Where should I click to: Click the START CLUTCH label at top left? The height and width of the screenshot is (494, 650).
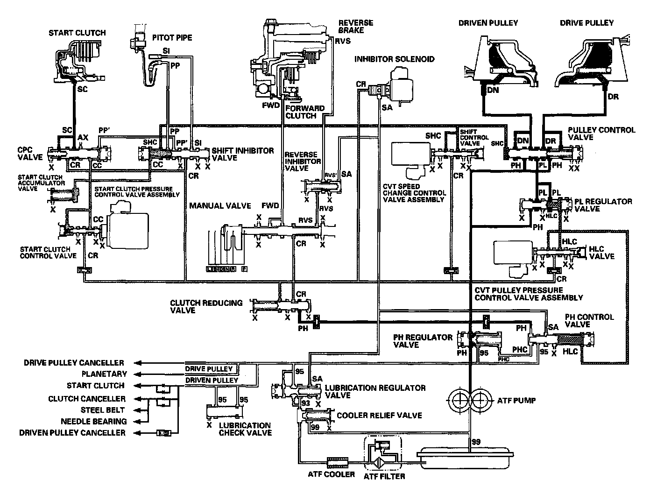tap(77, 33)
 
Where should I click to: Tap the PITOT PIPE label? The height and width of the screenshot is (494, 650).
tap(172, 37)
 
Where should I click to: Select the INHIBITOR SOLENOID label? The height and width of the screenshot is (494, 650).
tap(394, 59)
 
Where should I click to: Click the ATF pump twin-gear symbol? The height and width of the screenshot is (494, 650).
tap(471, 400)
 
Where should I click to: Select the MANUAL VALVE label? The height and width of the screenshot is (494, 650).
tap(220, 205)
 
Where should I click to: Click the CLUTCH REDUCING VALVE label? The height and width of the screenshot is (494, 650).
tap(206, 306)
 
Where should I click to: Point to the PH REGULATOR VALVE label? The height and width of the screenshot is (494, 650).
tap(423, 341)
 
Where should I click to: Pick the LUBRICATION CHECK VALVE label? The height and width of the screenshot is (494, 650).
tap(245, 429)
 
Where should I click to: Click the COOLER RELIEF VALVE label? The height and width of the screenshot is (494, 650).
tap(379, 416)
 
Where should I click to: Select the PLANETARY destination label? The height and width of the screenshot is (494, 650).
tap(104, 374)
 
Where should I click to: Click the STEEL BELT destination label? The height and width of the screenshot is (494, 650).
tap(103, 410)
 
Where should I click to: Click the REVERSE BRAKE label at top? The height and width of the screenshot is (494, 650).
tap(356, 26)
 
